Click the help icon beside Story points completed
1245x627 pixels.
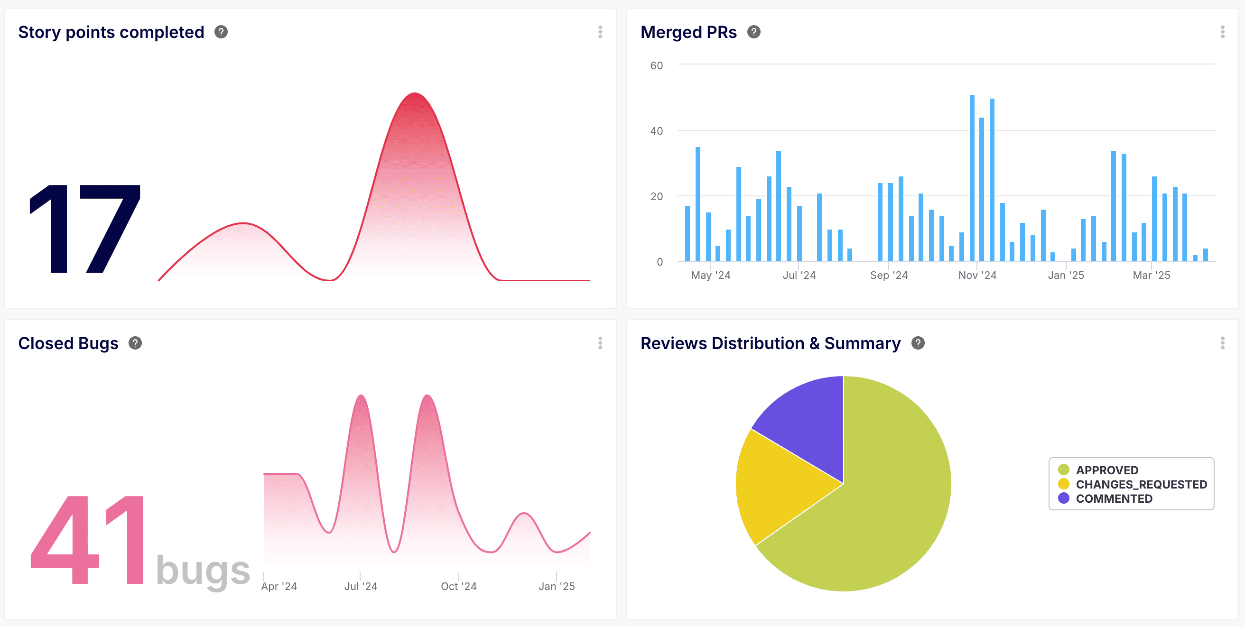221,32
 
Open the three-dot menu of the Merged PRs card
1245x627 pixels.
1222,32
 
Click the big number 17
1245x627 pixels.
85,229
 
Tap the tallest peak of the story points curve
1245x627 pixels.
415,94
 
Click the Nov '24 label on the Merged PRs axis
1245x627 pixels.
977,276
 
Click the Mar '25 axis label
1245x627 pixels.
1151,276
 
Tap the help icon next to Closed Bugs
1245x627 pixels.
135,343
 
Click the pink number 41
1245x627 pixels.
87,540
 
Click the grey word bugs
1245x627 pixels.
203,571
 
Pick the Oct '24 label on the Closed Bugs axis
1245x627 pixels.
458,586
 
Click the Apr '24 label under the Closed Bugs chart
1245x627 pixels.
279,586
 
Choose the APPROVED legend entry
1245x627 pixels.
1106,470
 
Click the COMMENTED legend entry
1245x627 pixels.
1113,498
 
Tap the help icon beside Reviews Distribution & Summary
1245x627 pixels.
917,343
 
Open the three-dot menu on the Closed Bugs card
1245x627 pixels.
600,343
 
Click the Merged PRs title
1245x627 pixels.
688,32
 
